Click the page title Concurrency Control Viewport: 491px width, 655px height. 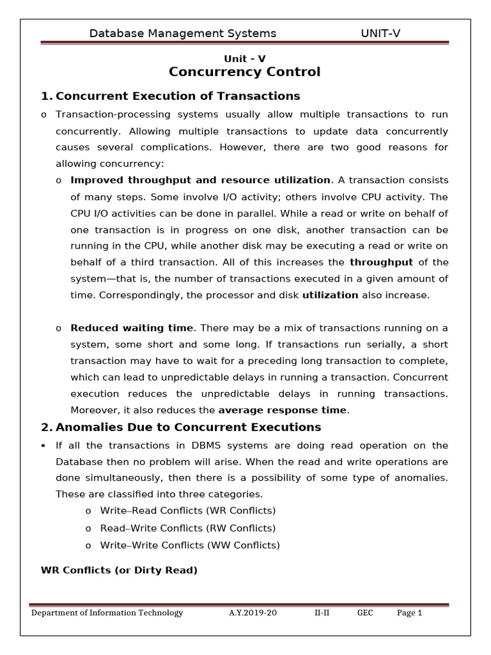[244, 72]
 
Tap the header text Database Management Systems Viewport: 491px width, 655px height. [183, 33]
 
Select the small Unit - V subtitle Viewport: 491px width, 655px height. [244, 59]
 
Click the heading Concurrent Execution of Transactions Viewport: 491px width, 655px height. [178, 96]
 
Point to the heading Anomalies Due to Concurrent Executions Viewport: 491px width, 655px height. [188, 427]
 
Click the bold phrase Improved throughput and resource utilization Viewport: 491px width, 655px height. [201, 180]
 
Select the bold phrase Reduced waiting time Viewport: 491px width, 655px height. [131, 328]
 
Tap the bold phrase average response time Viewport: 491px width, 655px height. [283, 410]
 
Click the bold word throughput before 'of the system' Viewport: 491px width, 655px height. [382, 262]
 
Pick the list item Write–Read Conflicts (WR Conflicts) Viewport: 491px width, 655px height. [188, 511]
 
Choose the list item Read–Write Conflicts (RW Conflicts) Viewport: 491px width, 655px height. [188, 528]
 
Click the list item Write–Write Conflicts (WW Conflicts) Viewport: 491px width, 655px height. [190, 545]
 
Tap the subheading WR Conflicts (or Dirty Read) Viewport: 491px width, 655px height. [119, 570]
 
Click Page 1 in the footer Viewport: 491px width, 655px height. [410, 613]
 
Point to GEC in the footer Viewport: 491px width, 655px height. [365, 613]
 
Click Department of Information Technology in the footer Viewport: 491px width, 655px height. [107, 613]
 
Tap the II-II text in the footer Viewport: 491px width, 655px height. [322, 613]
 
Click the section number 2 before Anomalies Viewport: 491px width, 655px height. [45, 427]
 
